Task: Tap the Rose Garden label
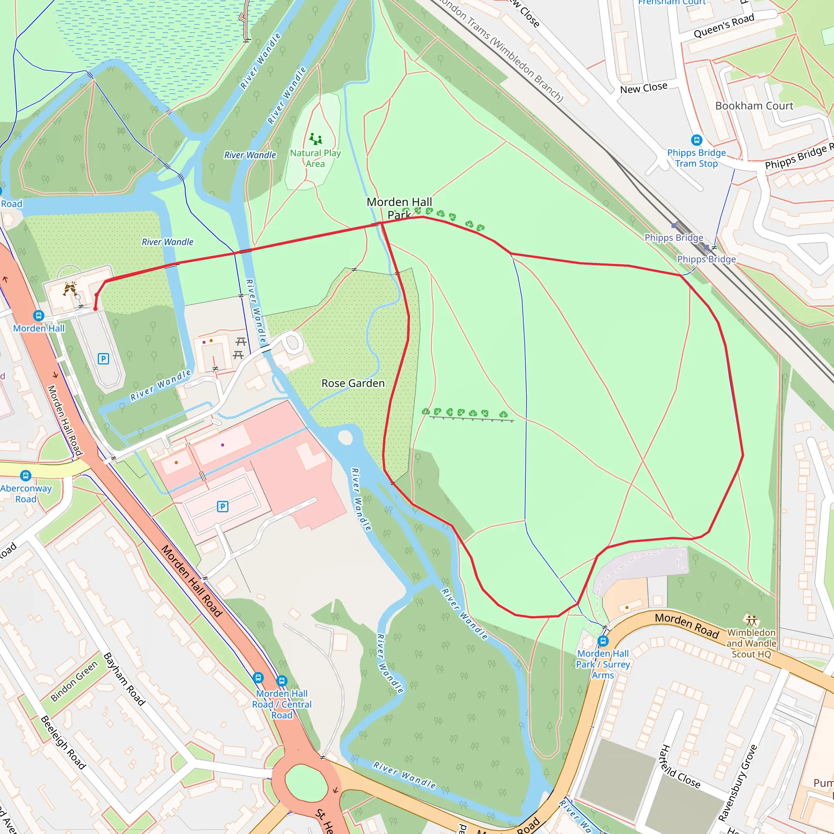[353, 383]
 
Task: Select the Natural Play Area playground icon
[316, 139]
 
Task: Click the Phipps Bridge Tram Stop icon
[696, 140]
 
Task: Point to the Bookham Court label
[754, 106]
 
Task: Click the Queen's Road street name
[724, 26]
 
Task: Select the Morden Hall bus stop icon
[39, 316]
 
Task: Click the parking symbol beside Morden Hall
[103, 359]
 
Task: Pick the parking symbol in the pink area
[222, 506]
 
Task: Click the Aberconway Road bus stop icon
[26, 476]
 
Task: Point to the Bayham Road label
[124, 679]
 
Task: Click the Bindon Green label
[74, 681]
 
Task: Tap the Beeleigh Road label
[63, 742]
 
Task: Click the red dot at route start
[95, 309]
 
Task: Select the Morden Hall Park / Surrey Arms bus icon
[603, 641]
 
